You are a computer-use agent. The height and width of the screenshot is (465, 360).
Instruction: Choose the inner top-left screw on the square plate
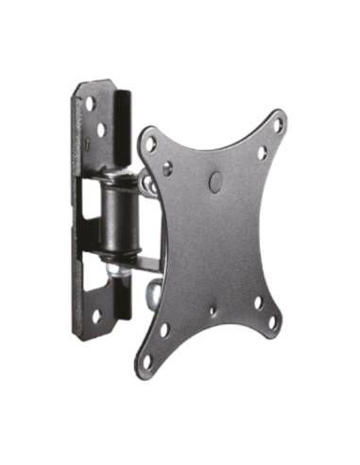(x=168, y=168)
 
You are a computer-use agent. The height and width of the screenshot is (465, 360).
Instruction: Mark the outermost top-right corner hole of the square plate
(x=279, y=124)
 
